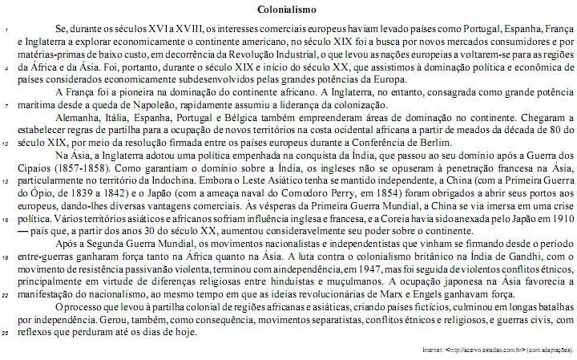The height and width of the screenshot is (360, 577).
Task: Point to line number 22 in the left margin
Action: [6, 295]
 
